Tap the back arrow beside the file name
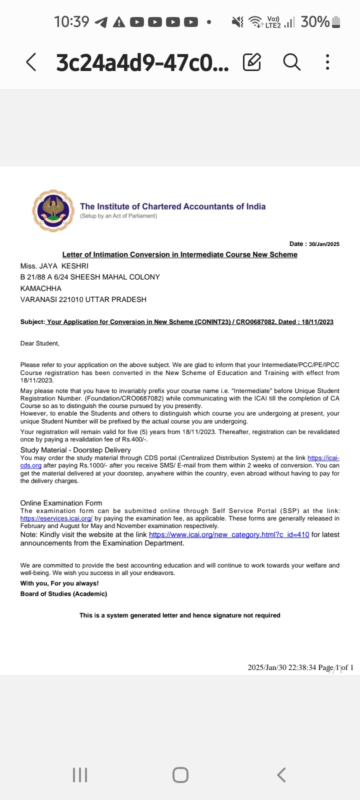coord(31,62)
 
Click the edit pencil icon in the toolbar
coord(252,62)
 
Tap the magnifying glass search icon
coord(291,62)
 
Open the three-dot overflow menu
coord(327,62)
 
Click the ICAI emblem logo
coord(53,210)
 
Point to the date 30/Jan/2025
coord(324,244)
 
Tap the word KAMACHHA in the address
coord(41,288)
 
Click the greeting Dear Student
coord(39,343)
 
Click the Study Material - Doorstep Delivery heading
coord(75,450)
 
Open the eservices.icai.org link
coord(56,518)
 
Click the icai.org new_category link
coord(229,534)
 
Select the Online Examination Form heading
coord(61,503)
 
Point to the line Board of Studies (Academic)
coord(63,594)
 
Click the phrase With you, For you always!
coord(59,583)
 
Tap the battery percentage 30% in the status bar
coord(315,22)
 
